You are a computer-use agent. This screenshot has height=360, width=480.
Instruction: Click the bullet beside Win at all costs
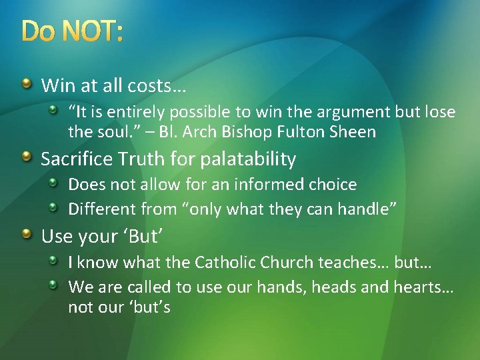(26, 83)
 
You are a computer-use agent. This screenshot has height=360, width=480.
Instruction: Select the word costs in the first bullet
(162, 85)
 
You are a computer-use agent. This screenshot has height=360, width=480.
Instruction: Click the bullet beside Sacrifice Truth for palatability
(26, 157)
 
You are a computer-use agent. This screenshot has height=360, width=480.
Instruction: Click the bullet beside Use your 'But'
(26, 234)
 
